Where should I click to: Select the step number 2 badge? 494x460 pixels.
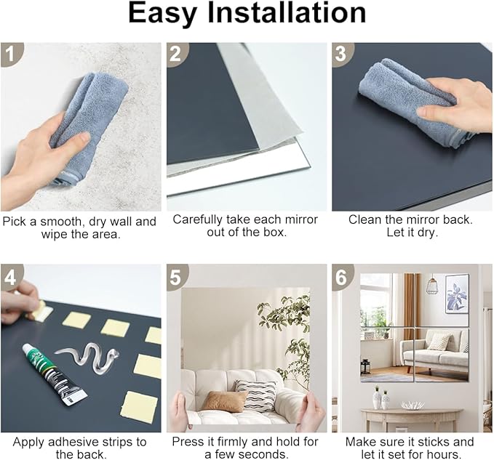[178, 54]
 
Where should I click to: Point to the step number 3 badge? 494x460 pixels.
[343, 54]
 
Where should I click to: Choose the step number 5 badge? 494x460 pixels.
[178, 277]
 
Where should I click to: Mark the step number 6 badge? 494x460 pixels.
[343, 277]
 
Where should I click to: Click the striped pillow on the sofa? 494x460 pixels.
[255, 395]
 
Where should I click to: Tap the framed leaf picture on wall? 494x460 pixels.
[457, 294]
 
